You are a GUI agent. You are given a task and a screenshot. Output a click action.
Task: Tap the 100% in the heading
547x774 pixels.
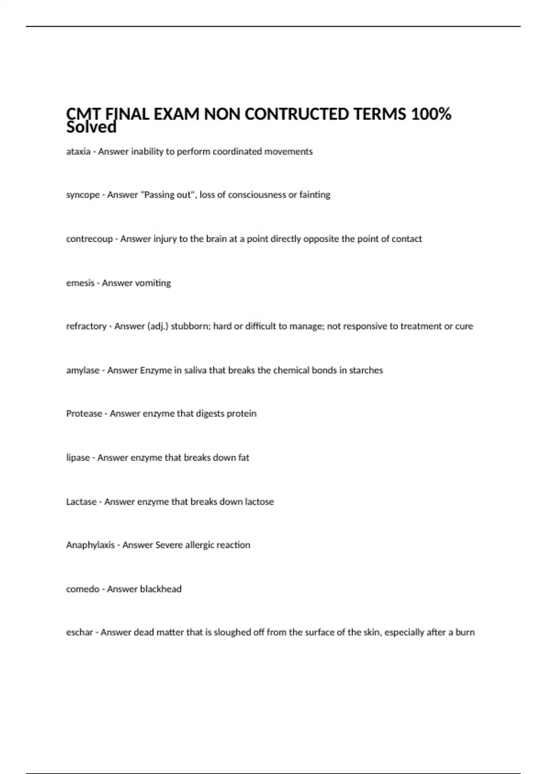pyautogui.click(x=431, y=114)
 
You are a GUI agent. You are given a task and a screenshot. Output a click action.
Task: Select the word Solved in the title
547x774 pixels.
pyautogui.click(x=91, y=127)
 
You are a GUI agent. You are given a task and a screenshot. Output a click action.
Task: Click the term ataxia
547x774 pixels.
pyautogui.click(x=78, y=152)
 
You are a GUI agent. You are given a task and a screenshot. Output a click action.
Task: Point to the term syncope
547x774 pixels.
pyautogui.click(x=83, y=195)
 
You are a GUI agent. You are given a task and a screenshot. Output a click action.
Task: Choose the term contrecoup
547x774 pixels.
pyautogui.click(x=89, y=239)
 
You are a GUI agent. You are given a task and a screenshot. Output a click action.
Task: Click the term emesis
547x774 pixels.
pyautogui.click(x=80, y=283)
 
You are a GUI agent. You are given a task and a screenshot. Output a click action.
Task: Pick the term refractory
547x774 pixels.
pyautogui.click(x=86, y=326)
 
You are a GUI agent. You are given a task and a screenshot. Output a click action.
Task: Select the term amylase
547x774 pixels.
pyautogui.click(x=83, y=371)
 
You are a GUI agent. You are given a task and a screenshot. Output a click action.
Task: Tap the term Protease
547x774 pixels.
pyautogui.click(x=84, y=414)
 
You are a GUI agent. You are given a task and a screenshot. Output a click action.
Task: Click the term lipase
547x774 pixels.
pyautogui.click(x=77, y=458)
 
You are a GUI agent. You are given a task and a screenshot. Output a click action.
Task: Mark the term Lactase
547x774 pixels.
pyautogui.click(x=81, y=502)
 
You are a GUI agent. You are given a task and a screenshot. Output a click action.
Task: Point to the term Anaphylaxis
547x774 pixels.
pyautogui.click(x=90, y=545)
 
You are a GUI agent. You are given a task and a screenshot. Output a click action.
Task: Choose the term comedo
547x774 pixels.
pyautogui.click(x=83, y=589)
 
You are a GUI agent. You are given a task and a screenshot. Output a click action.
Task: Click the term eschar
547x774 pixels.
pyautogui.click(x=79, y=632)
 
